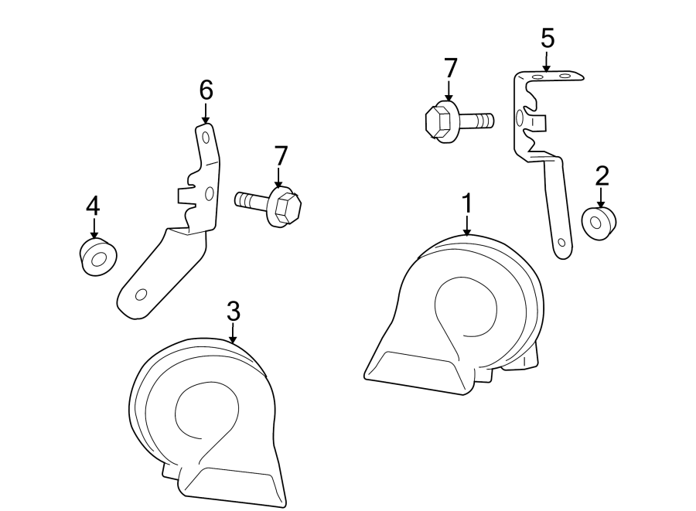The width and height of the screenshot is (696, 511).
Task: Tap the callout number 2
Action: tap(602, 175)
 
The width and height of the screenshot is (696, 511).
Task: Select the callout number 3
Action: tap(234, 312)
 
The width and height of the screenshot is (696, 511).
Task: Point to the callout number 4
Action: tap(93, 206)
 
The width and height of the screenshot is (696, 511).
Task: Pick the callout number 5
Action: tap(548, 38)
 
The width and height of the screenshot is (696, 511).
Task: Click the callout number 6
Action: tap(206, 90)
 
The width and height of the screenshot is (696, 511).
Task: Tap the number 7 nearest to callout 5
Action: tap(450, 68)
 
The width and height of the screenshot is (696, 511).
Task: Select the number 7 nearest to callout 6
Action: tap(280, 156)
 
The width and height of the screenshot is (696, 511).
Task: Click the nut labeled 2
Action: tap(599, 223)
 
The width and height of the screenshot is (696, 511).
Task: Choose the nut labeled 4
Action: tap(97, 257)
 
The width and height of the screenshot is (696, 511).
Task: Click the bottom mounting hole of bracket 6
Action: tap(142, 295)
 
